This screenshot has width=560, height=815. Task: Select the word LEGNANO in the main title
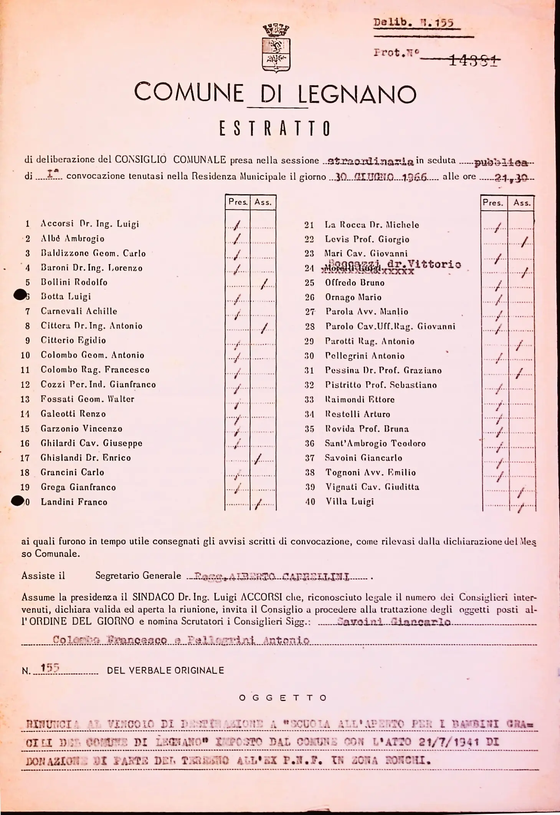click(x=357, y=94)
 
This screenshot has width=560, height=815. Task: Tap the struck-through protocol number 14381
click(x=474, y=60)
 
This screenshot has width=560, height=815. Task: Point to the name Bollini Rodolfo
click(x=74, y=282)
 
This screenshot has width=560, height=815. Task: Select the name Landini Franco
click(x=74, y=502)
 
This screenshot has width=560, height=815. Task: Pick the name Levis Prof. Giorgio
click(x=367, y=239)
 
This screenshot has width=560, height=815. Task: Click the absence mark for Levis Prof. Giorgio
click(x=525, y=241)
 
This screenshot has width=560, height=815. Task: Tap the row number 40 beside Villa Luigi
click(x=310, y=501)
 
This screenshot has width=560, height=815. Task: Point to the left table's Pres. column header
click(x=238, y=202)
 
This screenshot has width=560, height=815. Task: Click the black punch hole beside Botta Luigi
click(x=19, y=295)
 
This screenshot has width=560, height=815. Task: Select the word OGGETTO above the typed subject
click(x=282, y=698)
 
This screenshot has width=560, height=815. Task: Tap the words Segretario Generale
click(x=138, y=575)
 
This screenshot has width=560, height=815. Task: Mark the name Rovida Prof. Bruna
click(x=367, y=429)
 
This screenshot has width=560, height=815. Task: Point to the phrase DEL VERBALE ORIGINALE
click(x=165, y=670)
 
